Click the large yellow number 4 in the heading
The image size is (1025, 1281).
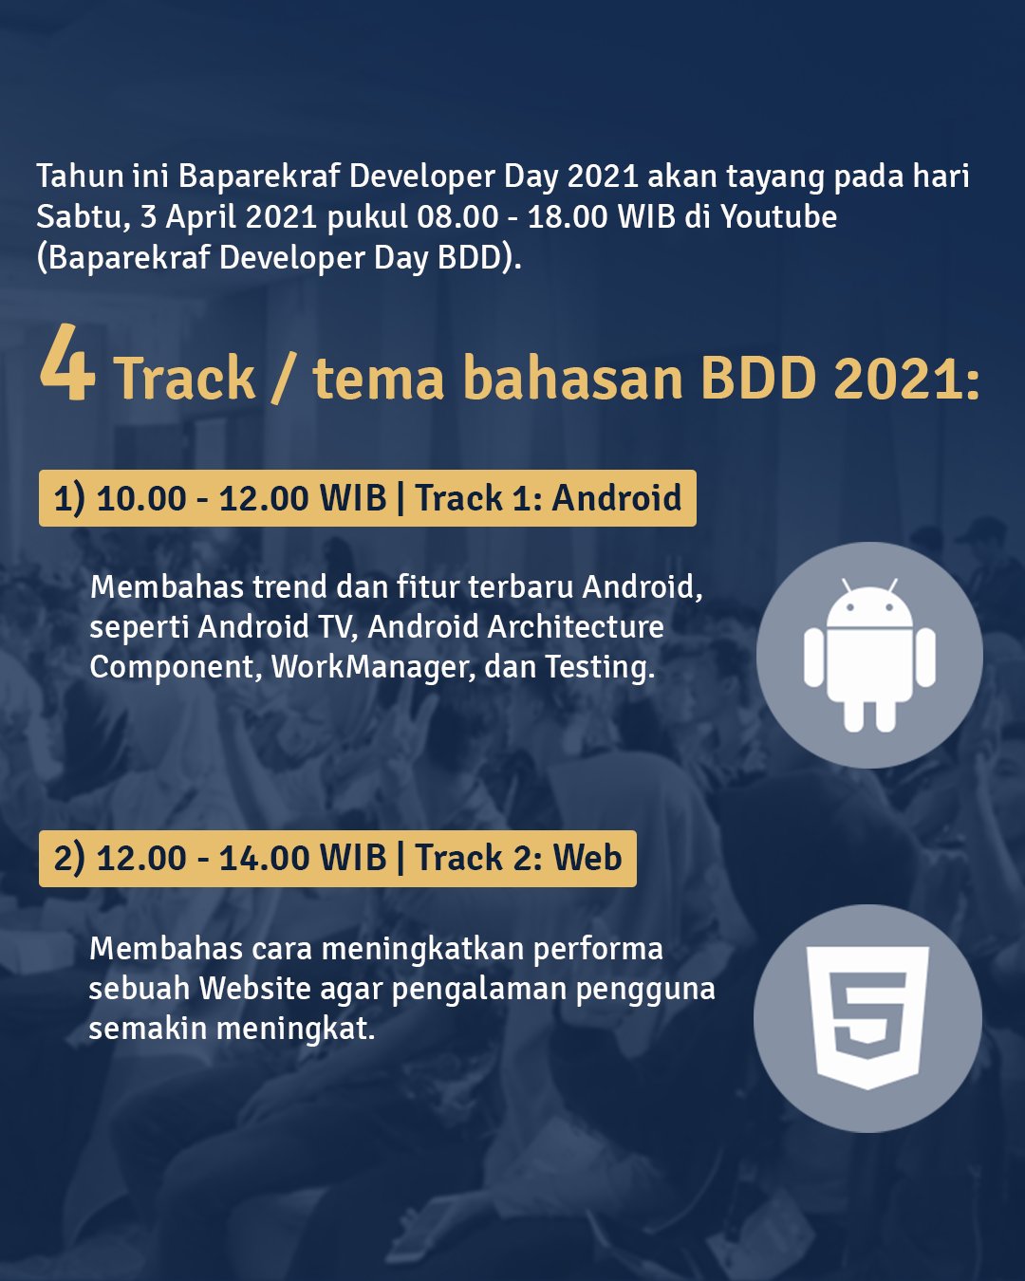(66, 364)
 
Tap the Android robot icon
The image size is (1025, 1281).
(869, 655)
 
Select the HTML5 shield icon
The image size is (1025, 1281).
(867, 1017)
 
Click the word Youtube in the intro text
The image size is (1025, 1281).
(778, 217)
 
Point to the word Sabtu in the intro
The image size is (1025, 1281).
(80, 217)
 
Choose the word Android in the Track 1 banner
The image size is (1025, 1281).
(617, 498)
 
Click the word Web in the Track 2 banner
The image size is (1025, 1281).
(587, 858)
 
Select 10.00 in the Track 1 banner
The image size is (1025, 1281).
(141, 498)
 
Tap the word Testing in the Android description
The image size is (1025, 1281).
(599, 667)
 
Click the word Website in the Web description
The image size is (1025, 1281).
(254, 989)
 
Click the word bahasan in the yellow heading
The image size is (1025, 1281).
(573, 379)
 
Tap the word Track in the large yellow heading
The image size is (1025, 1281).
(185, 379)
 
